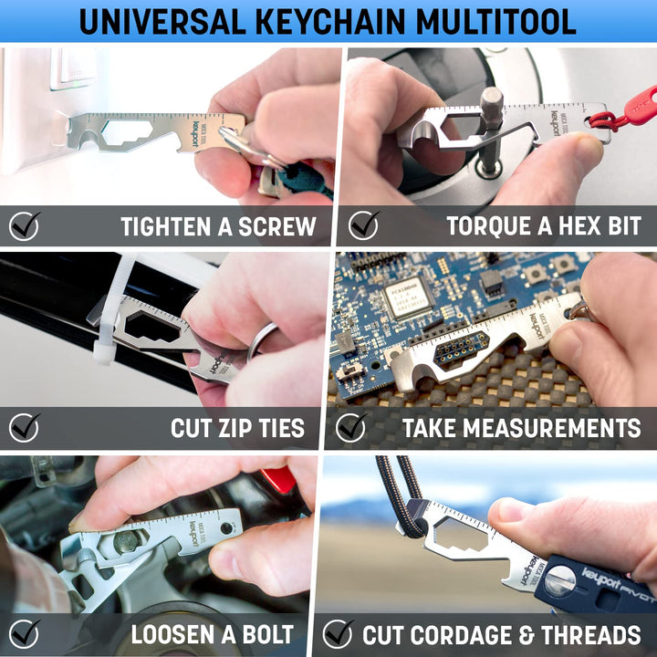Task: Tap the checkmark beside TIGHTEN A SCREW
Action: point(25,225)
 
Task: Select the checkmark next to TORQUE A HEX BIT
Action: point(363,224)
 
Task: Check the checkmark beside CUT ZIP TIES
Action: point(25,427)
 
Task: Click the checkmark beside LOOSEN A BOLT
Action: point(25,633)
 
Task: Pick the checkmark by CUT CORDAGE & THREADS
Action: point(338,633)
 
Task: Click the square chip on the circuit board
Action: point(409,298)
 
